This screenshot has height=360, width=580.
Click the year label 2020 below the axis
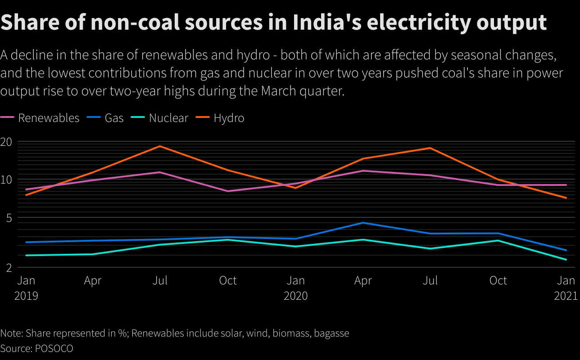[295, 296]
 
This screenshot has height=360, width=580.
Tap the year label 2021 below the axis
[566, 296]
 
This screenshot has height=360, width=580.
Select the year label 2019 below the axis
[26, 296]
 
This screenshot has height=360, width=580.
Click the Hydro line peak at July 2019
[159, 146]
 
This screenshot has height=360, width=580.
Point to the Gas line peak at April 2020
[363, 223]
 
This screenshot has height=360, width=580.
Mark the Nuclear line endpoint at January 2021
[566, 260]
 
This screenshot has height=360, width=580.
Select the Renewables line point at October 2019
[228, 191]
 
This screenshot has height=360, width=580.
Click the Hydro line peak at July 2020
[430, 148]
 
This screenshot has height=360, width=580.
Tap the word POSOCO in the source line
[54, 348]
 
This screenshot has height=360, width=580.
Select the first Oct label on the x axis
[228, 281]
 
